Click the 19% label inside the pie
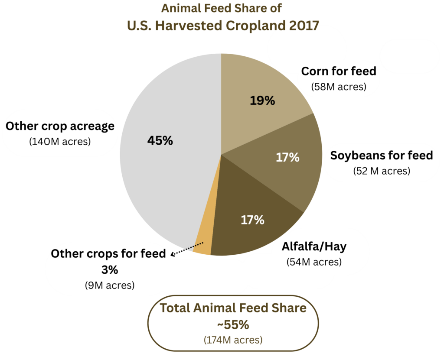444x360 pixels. (262, 101)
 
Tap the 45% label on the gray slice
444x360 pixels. (160, 140)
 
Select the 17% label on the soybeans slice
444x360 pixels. (287, 157)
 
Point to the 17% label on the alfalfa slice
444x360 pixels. (252, 220)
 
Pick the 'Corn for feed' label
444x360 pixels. (339, 71)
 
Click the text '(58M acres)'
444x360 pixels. (339, 87)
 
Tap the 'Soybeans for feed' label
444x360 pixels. (382, 155)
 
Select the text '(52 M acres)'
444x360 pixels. (382, 171)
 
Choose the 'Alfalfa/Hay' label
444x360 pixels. (314, 246)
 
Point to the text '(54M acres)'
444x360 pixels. (314, 262)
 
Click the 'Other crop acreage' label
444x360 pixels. (60, 126)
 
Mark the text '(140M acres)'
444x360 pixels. (60, 142)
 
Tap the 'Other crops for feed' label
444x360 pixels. (108, 254)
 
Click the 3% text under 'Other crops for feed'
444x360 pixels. (109, 270)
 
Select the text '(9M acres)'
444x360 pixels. (109, 285)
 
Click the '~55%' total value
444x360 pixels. (233, 324)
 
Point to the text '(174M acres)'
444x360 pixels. (233, 340)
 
